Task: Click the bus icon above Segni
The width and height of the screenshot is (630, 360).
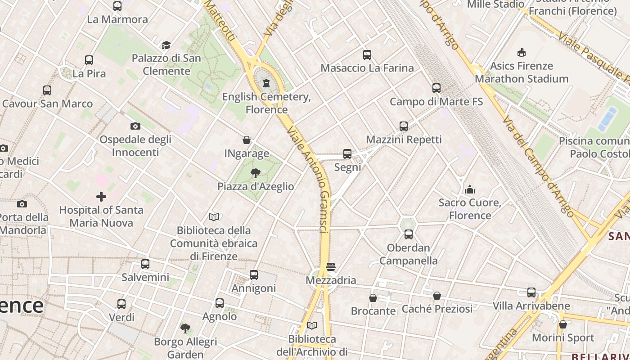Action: coord(347,154)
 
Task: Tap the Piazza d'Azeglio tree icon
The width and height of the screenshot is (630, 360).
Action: coord(256,173)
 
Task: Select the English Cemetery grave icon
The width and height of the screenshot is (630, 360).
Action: coord(266,83)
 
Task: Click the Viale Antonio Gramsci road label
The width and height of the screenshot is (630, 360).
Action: coord(310,179)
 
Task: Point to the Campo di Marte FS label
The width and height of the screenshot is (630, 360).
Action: coord(436,102)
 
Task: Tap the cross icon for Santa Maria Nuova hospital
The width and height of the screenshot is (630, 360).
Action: coord(101,197)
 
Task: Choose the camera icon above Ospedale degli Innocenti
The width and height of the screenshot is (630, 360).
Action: coord(135,126)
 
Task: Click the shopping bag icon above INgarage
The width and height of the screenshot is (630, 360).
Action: coord(247,140)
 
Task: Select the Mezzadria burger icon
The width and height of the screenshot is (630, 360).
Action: coord(331,267)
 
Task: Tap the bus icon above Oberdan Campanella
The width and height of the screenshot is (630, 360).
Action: coord(409,234)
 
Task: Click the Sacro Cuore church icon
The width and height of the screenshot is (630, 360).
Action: coord(470,189)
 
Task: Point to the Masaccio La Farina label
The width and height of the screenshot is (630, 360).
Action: coord(367,68)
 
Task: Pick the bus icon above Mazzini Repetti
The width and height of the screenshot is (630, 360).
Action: coord(404,126)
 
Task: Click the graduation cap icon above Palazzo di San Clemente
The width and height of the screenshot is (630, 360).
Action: coord(166,45)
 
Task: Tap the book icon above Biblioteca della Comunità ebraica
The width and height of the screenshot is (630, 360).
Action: coord(214,217)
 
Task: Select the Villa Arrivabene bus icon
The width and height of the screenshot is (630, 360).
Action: coord(531,292)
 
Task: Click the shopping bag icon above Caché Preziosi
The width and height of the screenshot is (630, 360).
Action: coord(437,296)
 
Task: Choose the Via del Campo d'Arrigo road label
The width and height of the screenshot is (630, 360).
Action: coord(538,166)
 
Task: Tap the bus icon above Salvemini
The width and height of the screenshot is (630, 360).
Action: coord(145,264)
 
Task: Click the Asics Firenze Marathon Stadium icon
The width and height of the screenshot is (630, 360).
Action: coord(522,53)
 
